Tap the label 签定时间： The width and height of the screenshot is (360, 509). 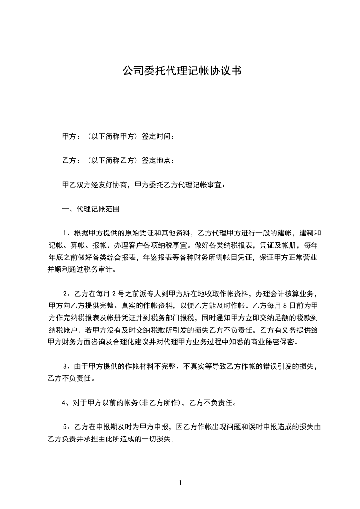158,137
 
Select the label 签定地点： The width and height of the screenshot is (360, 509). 158,161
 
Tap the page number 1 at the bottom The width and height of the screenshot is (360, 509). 180,483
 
